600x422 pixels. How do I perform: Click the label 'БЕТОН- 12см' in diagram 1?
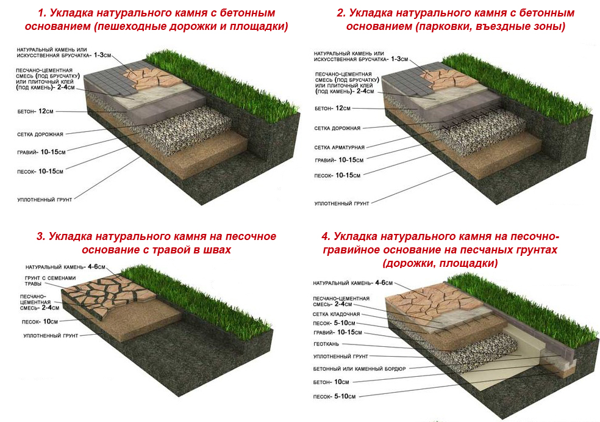(x=35, y=112)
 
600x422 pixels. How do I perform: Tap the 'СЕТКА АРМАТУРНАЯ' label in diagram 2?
(x=340, y=147)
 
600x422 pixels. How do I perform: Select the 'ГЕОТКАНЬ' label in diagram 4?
(x=326, y=344)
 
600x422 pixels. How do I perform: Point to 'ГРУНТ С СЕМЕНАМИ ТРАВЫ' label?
(x=50, y=281)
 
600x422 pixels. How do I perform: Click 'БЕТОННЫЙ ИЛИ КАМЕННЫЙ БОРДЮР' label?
(x=359, y=369)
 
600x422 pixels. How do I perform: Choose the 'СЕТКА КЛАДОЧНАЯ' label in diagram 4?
(x=336, y=315)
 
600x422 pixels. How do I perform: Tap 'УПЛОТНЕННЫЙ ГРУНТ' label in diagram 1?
(x=45, y=200)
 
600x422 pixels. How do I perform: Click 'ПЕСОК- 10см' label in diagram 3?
(x=40, y=322)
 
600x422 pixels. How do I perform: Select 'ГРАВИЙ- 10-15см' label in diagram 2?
(x=338, y=160)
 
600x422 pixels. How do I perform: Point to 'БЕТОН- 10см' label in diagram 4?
(x=331, y=382)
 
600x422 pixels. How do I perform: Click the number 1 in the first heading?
(x=41, y=13)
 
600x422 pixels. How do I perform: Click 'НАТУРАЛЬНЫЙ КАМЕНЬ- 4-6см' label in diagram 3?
(x=65, y=267)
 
